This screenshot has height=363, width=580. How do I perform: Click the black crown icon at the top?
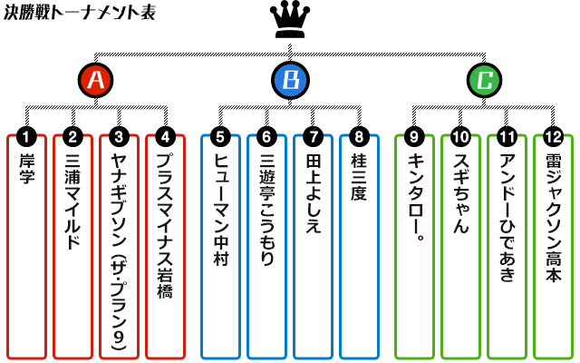[x=289, y=20]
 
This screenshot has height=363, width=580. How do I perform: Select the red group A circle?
[x=95, y=81]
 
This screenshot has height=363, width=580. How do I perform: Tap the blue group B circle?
[x=290, y=81]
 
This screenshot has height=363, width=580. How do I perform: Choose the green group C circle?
[x=485, y=81]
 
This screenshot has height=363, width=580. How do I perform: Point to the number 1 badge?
[x=27, y=137]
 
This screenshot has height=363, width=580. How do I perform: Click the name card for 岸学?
[x=27, y=245]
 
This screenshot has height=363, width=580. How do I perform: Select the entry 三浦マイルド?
[x=73, y=245]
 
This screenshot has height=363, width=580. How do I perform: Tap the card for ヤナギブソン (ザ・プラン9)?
[x=120, y=245]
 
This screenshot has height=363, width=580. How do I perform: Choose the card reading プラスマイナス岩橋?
[x=165, y=245]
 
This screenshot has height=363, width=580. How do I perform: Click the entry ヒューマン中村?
[x=220, y=245]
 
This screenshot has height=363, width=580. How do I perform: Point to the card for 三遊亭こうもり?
[x=266, y=245]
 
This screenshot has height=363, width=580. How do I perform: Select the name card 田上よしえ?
[x=313, y=245]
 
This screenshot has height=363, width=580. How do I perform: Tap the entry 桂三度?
[x=359, y=245]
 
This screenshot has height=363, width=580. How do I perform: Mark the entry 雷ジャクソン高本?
[x=553, y=245]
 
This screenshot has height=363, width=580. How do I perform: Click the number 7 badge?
[x=313, y=137]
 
